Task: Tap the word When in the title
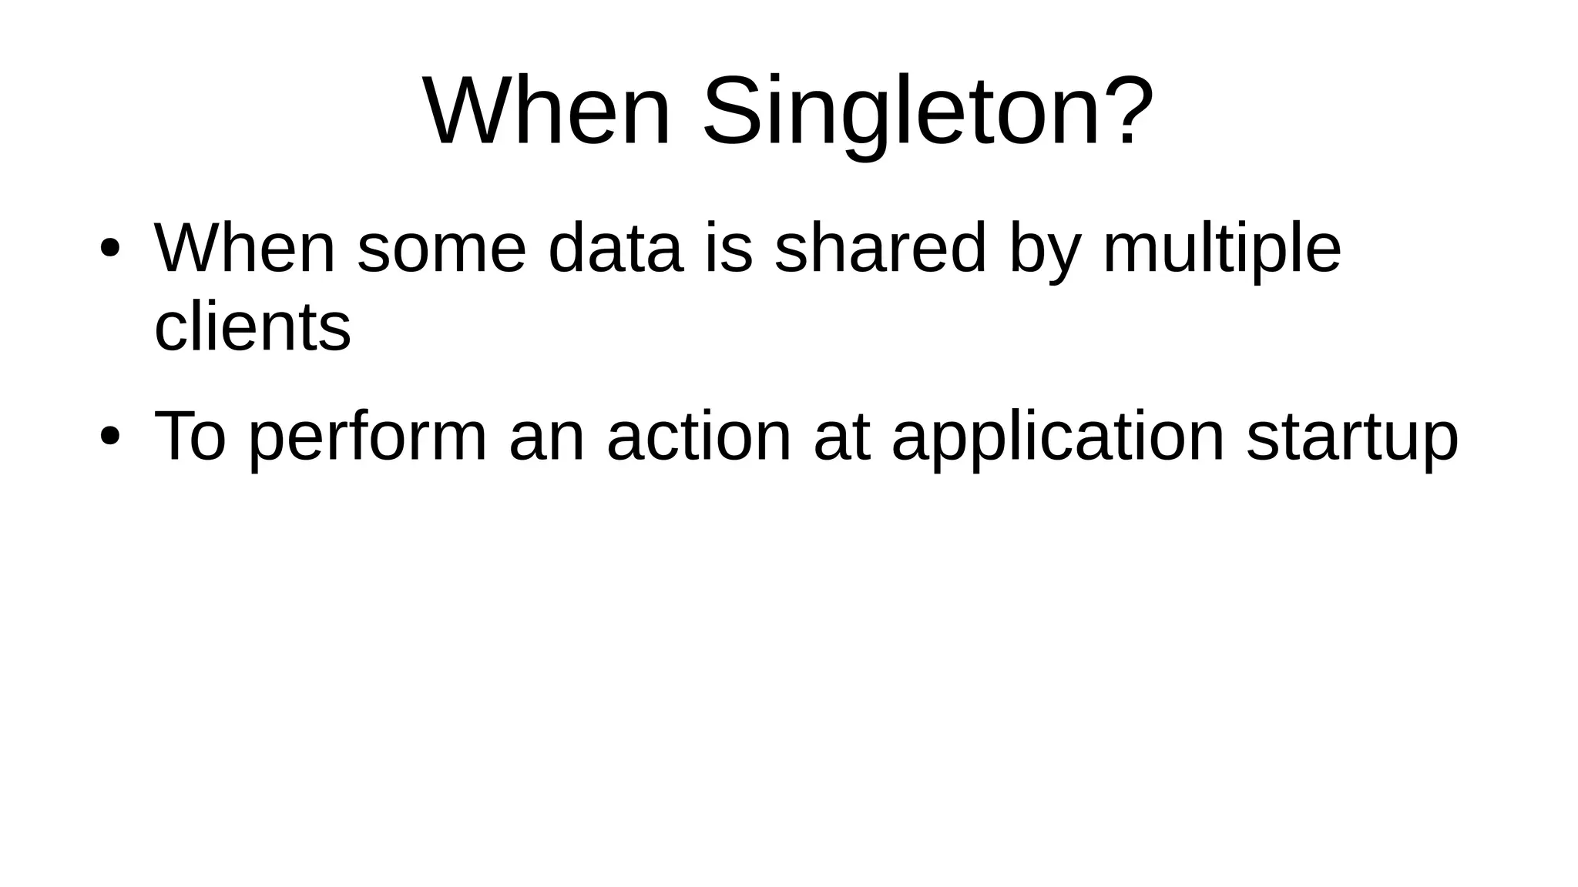tap(547, 112)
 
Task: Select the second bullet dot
tap(109, 437)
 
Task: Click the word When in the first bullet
tap(245, 249)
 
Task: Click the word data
tap(615, 249)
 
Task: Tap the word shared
tap(880, 249)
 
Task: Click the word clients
tap(253, 328)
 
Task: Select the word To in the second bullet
tap(190, 437)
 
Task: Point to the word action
tap(699, 437)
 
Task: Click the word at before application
tap(841, 437)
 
